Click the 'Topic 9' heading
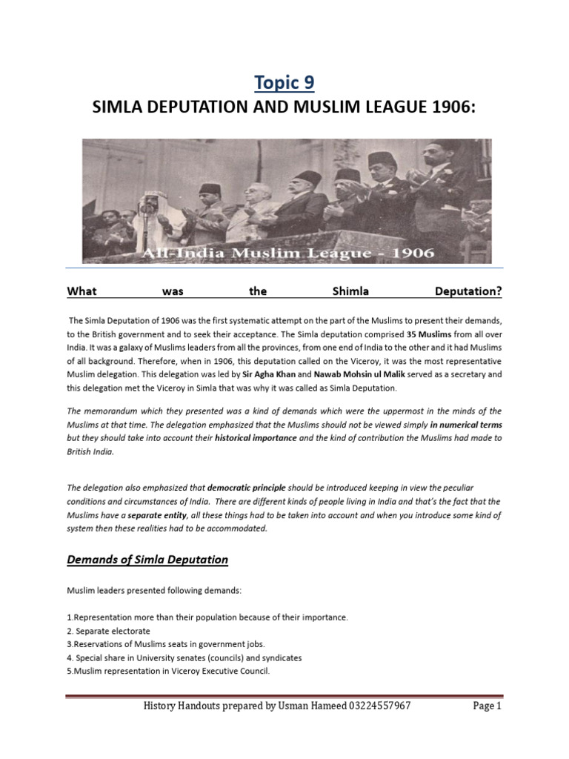click(x=284, y=82)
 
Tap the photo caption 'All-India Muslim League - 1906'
click(x=284, y=253)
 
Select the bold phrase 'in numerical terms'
click(x=465, y=424)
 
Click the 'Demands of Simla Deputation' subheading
click(x=147, y=560)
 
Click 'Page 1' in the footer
click(x=488, y=706)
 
